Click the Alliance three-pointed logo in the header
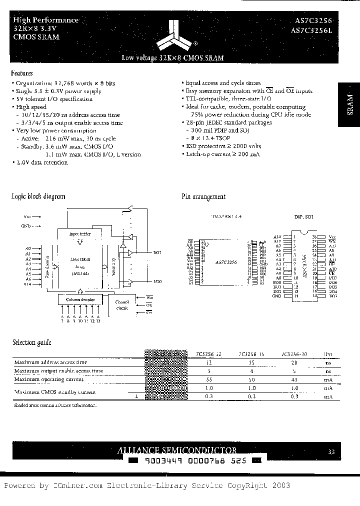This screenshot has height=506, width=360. click(172, 33)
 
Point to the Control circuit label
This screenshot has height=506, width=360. click(122, 305)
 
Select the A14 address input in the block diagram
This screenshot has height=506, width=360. click(28, 284)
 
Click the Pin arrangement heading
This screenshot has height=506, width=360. click(203, 197)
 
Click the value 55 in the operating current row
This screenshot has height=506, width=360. click(209, 379)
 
